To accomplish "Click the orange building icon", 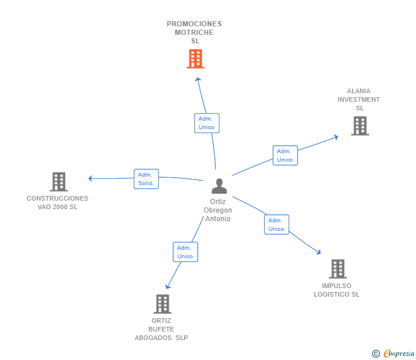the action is (195, 59).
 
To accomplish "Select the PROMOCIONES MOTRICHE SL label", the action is (194, 33).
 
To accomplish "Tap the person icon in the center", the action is (219, 186).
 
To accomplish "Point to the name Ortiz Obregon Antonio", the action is (218, 210).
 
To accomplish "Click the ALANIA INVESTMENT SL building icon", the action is (360, 126).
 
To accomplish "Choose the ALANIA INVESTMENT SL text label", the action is (359, 99).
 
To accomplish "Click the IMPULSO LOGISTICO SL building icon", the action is (338, 269).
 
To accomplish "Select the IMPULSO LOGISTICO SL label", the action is (337, 290).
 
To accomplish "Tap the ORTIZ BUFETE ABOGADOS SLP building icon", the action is (163, 304).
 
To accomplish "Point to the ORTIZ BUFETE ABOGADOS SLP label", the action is (161, 329).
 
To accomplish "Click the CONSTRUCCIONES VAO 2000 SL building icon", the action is (59, 182).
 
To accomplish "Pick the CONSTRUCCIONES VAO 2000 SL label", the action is (58, 203).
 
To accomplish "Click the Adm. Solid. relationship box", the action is (146, 179).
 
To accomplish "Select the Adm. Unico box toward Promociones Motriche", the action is (207, 123).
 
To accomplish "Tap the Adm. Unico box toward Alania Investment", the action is (285, 155).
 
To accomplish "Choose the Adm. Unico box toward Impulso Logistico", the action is (277, 225).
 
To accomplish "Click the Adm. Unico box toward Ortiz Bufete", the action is (185, 252).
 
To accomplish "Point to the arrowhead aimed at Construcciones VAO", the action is (90, 178).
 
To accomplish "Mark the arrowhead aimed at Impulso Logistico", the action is (318, 252).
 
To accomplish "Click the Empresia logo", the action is (393, 353).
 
